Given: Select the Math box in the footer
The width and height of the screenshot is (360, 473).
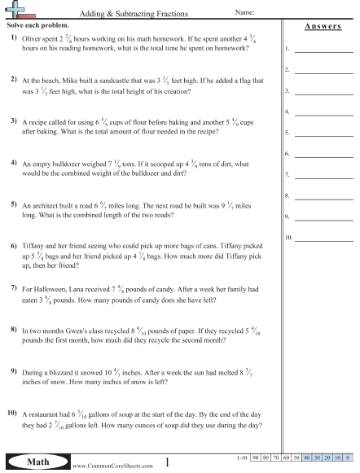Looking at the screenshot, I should click(33, 462).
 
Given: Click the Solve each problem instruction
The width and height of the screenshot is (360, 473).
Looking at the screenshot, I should click(33, 26).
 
